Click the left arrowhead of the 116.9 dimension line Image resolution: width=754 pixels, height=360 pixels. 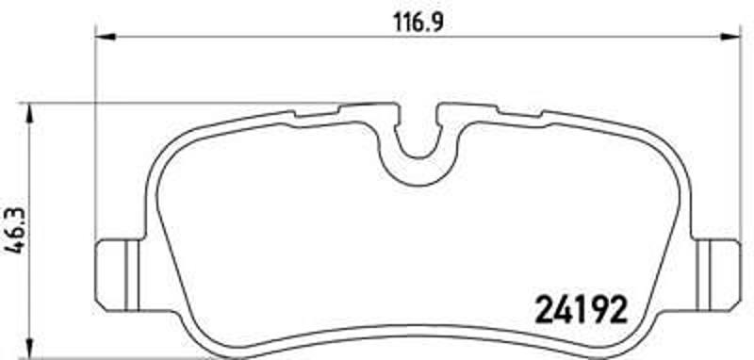click(x=105, y=38)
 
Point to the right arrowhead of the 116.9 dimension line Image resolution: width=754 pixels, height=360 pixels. click(x=732, y=38)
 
